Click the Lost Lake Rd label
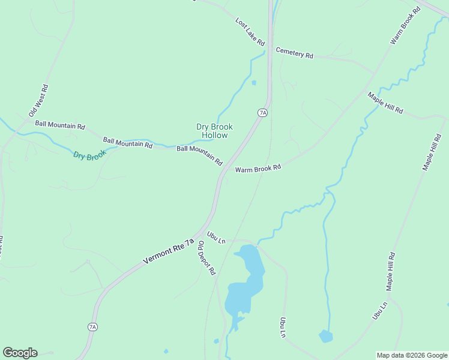click(x=250, y=32)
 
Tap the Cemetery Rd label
click(x=294, y=53)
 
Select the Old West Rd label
click(x=38, y=101)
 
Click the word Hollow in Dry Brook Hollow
click(x=214, y=136)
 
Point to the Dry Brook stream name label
click(x=89, y=155)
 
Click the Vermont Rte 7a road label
click(x=169, y=251)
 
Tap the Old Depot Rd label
click(x=206, y=258)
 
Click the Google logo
click(x=20, y=353)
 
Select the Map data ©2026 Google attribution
click(x=412, y=355)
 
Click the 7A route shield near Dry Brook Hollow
click(x=262, y=112)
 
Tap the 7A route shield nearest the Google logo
click(x=92, y=327)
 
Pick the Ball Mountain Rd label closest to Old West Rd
click(x=60, y=126)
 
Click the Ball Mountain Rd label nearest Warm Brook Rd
click(x=199, y=155)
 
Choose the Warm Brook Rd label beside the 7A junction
click(x=258, y=169)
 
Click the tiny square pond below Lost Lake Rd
click(x=254, y=83)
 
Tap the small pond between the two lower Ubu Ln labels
click(x=325, y=336)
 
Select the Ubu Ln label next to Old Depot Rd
click(x=215, y=238)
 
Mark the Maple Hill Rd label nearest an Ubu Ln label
click(x=391, y=271)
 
